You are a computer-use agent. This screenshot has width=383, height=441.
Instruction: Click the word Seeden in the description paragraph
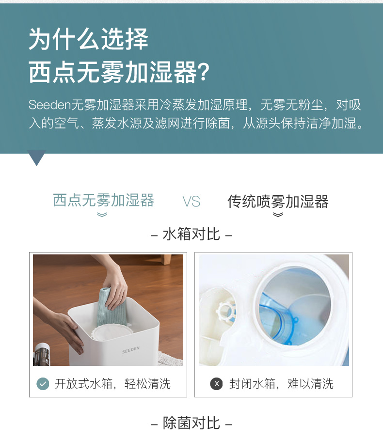point(49,105)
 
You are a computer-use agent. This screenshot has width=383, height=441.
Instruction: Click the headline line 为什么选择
point(88,39)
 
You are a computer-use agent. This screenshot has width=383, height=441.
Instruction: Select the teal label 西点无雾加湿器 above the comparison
point(103,200)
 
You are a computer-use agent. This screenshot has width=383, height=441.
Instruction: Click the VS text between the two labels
point(191,202)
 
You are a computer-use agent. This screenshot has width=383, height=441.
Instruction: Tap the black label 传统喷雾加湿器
point(278,202)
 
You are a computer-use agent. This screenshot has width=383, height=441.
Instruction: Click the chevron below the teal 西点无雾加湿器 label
point(102,215)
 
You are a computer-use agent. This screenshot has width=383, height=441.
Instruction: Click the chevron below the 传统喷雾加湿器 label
point(278,215)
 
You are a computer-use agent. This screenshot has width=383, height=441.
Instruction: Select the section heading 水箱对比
point(191,234)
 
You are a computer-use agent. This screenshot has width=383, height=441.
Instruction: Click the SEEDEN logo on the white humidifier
point(131,350)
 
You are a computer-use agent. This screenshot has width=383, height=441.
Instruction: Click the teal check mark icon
point(43,384)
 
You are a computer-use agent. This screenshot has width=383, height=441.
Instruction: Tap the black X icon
point(216,384)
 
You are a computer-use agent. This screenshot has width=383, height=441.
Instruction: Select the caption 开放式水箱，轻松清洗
point(112,384)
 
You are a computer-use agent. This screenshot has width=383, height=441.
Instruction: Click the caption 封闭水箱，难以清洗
point(281,384)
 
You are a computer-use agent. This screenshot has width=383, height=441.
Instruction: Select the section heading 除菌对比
point(191,423)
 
